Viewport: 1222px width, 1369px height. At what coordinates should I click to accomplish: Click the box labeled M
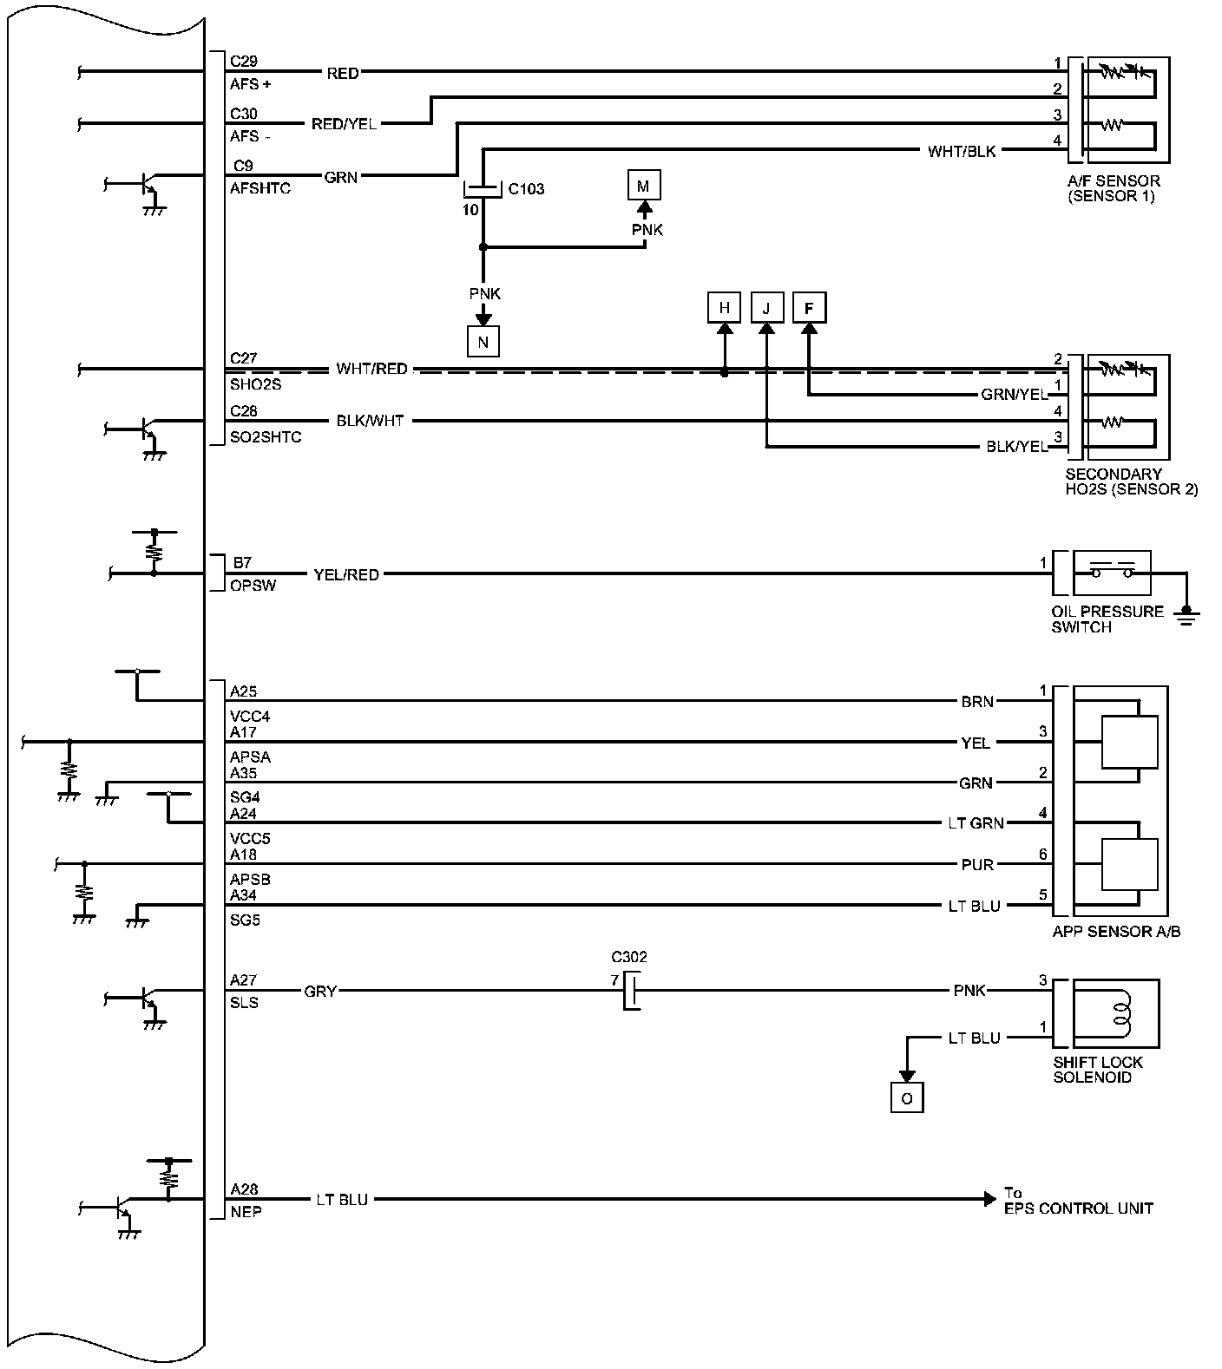tap(643, 186)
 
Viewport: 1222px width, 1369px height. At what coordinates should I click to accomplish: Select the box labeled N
tap(483, 342)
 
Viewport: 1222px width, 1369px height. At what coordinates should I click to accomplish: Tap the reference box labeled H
tap(724, 307)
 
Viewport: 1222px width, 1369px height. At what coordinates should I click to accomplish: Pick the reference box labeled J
tap(766, 307)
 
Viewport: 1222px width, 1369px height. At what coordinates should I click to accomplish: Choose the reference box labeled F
tap(809, 307)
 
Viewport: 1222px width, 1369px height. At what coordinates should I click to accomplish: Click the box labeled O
tap(907, 1098)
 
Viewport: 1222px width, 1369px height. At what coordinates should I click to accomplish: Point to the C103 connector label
tap(526, 189)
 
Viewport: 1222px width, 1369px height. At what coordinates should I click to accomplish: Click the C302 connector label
tap(629, 958)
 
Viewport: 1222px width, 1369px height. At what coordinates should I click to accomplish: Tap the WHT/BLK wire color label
tap(962, 152)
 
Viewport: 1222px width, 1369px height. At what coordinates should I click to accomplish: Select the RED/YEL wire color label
tap(344, 124)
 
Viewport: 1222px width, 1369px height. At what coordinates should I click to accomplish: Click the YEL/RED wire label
tap(346, 574)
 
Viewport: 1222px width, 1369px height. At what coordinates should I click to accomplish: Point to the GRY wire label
tap(320, 991)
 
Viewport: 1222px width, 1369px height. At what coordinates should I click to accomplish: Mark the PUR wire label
tap(978, 865)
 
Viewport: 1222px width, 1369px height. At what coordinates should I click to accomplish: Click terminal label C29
tap(244, 62)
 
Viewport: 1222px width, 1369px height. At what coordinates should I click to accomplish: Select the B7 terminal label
tap(241, 563)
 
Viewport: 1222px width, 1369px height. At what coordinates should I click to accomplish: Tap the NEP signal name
tap(246, 1211)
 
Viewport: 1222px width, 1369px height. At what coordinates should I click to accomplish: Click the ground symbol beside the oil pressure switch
tap(1186, 615)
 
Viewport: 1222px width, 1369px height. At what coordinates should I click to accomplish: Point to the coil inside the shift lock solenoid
tap(1121, 1013)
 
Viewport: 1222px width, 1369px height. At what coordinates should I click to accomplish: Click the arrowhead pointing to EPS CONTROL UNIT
tap(989, 1200)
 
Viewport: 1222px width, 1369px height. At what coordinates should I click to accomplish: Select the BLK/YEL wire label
tap(1017, 448)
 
